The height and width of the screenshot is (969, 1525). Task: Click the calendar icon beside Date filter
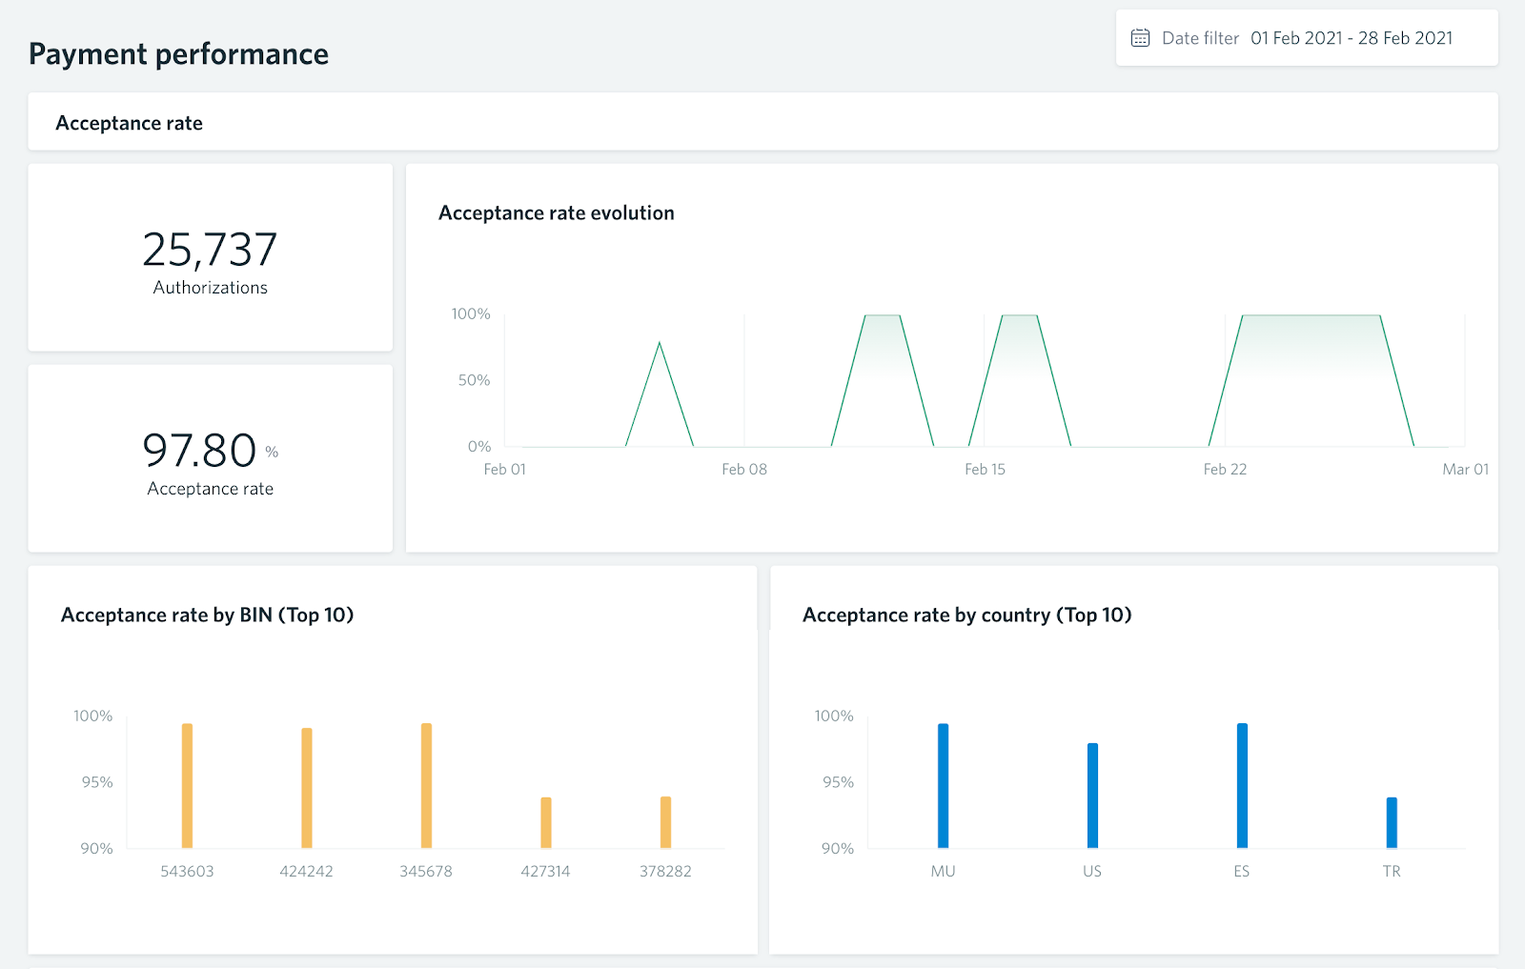1140,38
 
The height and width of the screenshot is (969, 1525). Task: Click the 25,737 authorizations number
210,250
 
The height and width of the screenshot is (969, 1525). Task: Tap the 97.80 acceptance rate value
200,451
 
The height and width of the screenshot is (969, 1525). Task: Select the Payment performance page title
178,54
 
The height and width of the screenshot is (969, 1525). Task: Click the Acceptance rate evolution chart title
556,213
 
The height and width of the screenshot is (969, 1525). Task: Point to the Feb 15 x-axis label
985,469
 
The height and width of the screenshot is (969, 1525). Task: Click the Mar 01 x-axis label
1465,469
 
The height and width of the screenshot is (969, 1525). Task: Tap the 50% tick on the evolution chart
474,380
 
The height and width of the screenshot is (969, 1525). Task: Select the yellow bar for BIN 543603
187,786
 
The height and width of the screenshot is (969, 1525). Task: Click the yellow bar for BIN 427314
546,822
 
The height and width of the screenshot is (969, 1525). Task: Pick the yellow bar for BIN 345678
426,786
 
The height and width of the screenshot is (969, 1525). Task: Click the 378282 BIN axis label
665,871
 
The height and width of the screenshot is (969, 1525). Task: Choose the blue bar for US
1092,796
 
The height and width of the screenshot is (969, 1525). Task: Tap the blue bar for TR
1392,822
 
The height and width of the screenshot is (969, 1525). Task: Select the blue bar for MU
943,786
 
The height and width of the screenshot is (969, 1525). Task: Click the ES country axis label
1241,871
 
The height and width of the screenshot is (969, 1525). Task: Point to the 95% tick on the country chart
838,782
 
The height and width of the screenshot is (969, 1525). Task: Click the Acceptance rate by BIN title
207,616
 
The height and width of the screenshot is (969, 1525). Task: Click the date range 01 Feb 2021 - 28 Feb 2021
1352,38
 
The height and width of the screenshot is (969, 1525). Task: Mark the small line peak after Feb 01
660,344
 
